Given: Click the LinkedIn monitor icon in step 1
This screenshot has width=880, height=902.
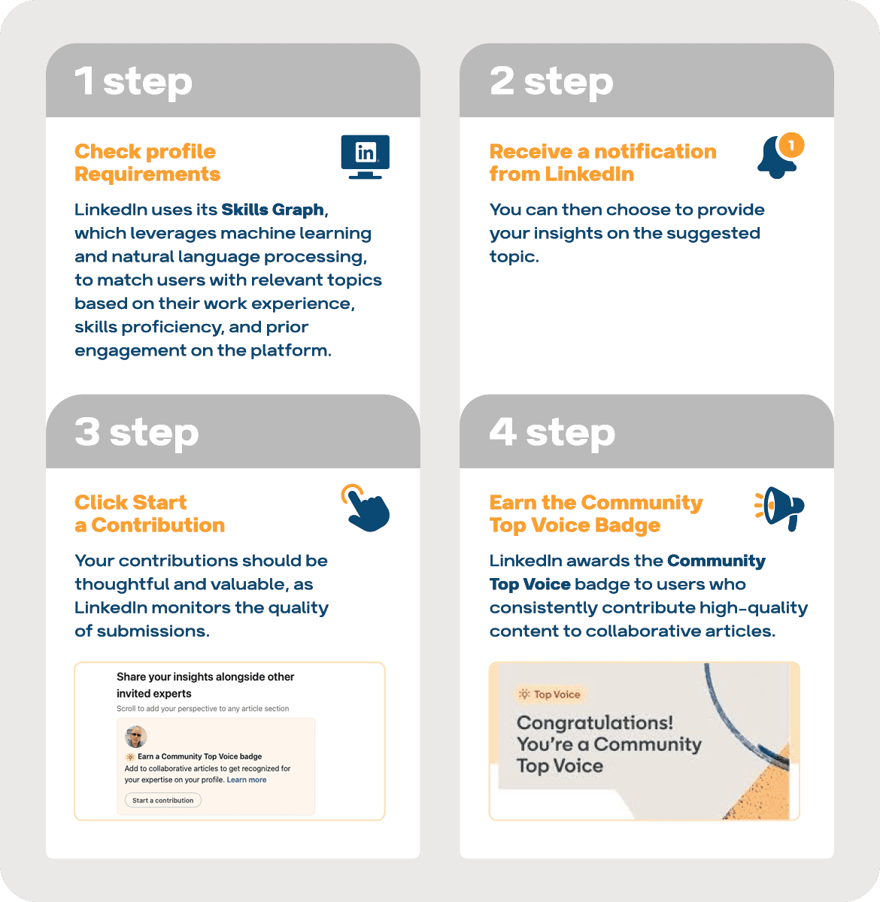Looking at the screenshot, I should [x=366, y=156].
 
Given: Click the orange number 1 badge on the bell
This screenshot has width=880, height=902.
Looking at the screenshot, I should [x=790, y=144].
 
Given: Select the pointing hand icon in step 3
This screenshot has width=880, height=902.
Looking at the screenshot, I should [x=367, y=509].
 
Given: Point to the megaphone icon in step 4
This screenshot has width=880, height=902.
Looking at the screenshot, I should [x=780, y=507].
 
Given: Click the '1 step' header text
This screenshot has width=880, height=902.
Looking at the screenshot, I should [x=133, y=81].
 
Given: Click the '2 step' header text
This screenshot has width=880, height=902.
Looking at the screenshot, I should [x=551, y=81].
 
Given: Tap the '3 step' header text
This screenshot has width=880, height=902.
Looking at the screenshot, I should [x=136, y=432].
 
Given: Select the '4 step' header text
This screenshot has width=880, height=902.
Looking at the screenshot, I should [x=551, y=432].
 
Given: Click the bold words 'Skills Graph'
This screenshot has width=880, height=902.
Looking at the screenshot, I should [x=272, y=210].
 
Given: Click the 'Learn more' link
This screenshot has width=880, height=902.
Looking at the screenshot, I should [x=247, y=780].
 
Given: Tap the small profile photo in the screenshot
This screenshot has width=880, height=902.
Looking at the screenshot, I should [x=136, y=737].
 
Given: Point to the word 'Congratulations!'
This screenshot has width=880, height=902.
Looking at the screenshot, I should [x=595, y=723].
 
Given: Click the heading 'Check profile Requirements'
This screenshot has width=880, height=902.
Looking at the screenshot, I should [x=147, y=162].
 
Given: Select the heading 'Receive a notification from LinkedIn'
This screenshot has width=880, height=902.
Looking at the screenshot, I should [x=602, y=162].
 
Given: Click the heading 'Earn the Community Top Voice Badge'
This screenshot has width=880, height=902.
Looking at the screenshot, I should [x=596, y=513].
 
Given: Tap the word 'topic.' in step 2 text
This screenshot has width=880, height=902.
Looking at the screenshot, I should [x=514, y=257].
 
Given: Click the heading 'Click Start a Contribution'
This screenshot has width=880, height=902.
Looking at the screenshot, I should [x=149, y=513].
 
